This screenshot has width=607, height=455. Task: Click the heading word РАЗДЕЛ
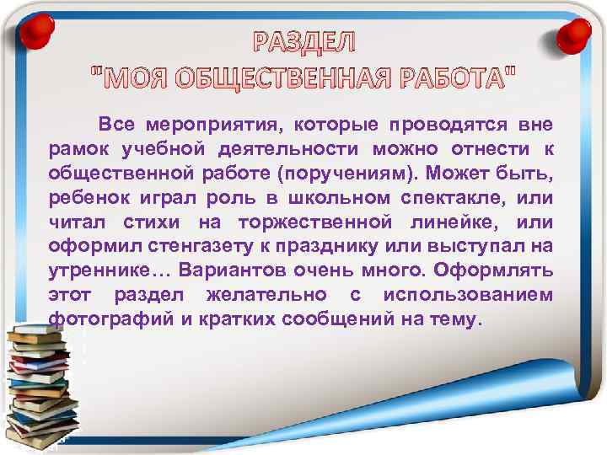pyautogui.click(x=304, y=42)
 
